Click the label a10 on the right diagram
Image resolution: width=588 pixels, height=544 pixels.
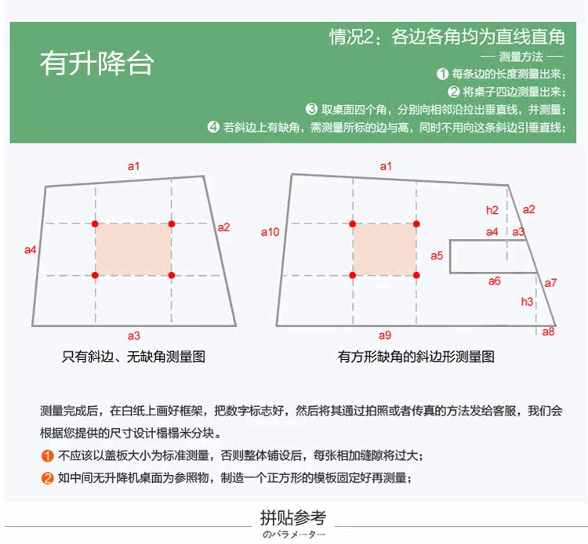pos(270,232)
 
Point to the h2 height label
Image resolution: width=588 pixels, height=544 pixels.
pos(492,210)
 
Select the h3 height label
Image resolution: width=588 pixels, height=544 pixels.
pos(527,302)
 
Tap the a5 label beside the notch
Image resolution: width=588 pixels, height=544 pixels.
pos(437,256)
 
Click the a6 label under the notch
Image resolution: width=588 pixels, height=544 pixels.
pos(495,281)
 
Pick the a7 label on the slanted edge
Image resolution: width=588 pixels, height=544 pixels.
pos(550,282)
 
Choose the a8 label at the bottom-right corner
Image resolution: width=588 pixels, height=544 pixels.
pos(548,332)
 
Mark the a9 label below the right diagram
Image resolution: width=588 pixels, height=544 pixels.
pos(384,335)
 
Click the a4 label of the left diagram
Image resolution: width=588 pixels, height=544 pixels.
pos(31,250)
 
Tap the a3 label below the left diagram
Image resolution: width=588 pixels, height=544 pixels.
pos(134,335)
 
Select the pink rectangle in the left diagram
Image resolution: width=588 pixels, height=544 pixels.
pos(133,249)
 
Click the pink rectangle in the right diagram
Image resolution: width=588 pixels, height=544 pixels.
pos(384,249)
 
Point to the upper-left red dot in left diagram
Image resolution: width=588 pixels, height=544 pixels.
pos(96,224)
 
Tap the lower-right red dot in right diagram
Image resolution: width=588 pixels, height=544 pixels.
pos(416,275)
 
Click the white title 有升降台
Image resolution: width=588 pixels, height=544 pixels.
pos(96,63)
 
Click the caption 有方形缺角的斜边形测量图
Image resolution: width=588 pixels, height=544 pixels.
pos(416,357)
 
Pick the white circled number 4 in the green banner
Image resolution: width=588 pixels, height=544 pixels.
pos(213,127)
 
